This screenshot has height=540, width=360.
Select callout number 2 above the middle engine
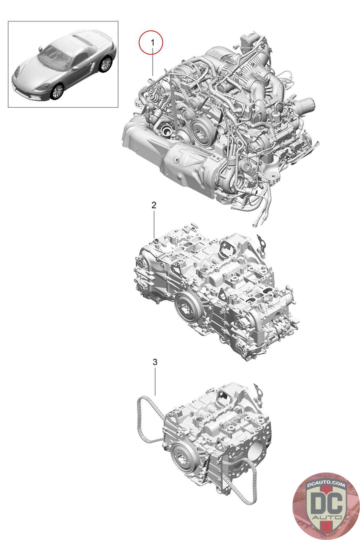(x=154, y=205)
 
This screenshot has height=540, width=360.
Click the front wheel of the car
(x=57, y=91)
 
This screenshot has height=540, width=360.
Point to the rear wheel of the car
(x=106, y=64)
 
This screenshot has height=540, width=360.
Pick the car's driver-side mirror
(x=40, y=47)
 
